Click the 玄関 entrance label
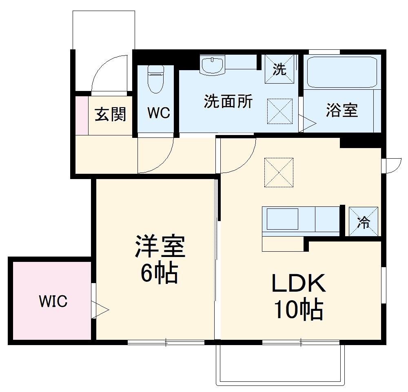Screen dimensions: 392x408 click(x=110, y=115)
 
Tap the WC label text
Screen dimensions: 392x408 click(x=159, y=113)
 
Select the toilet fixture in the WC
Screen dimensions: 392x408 click(x=155, y=80)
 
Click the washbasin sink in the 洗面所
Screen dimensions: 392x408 click(x=212, y=65)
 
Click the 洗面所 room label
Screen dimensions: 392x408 click(x=228, y=102)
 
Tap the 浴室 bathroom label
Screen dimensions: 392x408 click(x=342, y=110)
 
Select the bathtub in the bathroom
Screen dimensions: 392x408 click(x=342, y=72)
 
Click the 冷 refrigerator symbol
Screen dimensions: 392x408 click(x=363, y=222)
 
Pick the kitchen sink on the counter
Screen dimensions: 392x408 click(x=283, y=219)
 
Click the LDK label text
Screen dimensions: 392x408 click(x=299, y=284)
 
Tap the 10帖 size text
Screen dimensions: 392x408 click(x=299, y=310)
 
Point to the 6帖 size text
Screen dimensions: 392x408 click(x=159, y=273)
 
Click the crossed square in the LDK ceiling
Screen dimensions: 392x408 click(x=279, y=172)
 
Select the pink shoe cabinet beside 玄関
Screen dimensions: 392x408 click(x=82, y=115)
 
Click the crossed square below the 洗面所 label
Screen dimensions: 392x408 click(x=280, y=111)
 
